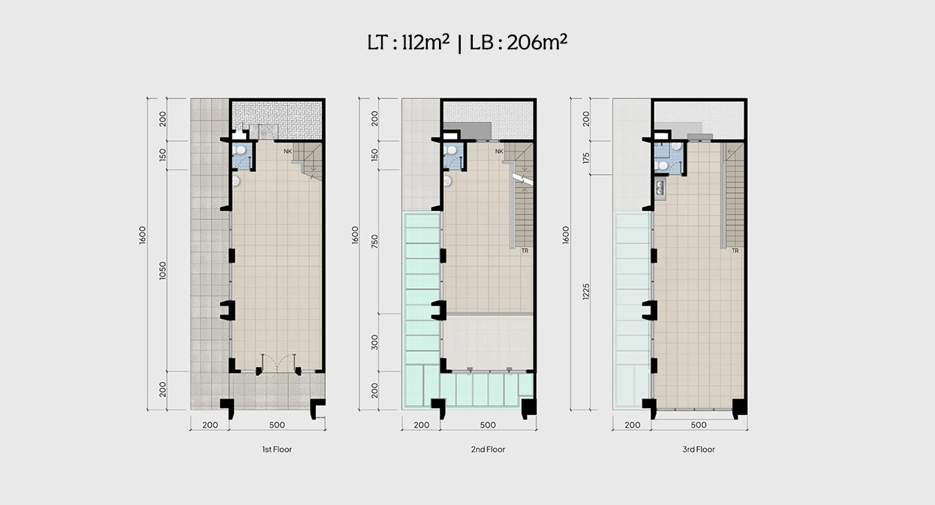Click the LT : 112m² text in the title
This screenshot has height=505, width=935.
click(x=408, y=42)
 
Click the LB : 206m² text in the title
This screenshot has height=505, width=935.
click(x=519, y=42)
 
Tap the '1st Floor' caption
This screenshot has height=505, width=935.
click(x=277, y=449)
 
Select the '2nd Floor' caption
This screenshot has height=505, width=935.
click(x=488, y=449)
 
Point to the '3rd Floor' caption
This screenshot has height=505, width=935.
click(x=699, y=449)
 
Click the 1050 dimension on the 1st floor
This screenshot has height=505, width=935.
click(x=163, y=270)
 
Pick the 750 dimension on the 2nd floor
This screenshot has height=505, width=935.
click(x=374, y=242)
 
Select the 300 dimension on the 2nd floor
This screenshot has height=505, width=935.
click(x=374, y=342)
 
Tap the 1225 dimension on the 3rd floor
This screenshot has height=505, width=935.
click(x=586, y=291)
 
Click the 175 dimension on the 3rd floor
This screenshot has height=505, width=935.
click(x=586, y=158)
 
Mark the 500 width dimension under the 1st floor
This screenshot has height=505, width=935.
click(x=277, y=425)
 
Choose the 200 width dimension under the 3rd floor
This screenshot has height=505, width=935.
click(x=633, y=425)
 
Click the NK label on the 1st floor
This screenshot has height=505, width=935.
click(x=287, y=151)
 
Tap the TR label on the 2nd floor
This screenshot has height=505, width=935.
click(x=525, y=251)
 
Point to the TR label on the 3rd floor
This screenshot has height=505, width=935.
click(x=735, y=251)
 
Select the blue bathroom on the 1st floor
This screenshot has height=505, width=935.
click(x=242, y=155)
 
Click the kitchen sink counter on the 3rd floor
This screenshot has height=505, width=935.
click(x=660, y=188)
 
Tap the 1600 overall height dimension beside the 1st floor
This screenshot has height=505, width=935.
click(x=143, y=235)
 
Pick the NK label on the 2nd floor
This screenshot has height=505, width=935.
click(x=499, y=151)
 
